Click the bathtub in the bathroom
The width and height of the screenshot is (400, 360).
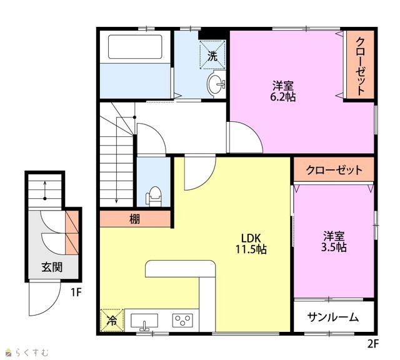(x=135, y=47)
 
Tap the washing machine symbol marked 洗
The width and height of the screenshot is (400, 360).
(x=212, y=54)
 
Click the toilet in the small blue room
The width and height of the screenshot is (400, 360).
(x=154, y=196)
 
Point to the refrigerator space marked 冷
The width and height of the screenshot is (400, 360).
(x=112, y=320)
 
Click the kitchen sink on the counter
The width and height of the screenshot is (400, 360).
(x=144, y=321)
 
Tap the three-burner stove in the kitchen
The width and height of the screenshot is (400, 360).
(x=182, y=321)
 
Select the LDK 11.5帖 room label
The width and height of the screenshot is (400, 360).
(x=251, y=244)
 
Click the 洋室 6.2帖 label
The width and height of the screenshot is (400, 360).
(x=283, y=91)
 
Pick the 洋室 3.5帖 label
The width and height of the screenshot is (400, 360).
(x=334, y=241)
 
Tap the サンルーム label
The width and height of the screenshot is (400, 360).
(x=333, y=317)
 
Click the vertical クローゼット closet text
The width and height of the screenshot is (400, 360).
(x=360, y=66)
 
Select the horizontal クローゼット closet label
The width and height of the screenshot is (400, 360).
(x=334, y=170)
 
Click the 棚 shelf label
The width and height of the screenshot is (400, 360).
(x=135, y=219)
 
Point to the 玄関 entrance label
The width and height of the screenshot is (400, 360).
(x=52, y=267)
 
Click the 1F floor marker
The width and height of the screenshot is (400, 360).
(x=76, y=292)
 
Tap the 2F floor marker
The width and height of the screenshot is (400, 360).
(x=373, y=344)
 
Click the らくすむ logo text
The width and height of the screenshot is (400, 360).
(x=31, y=352)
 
